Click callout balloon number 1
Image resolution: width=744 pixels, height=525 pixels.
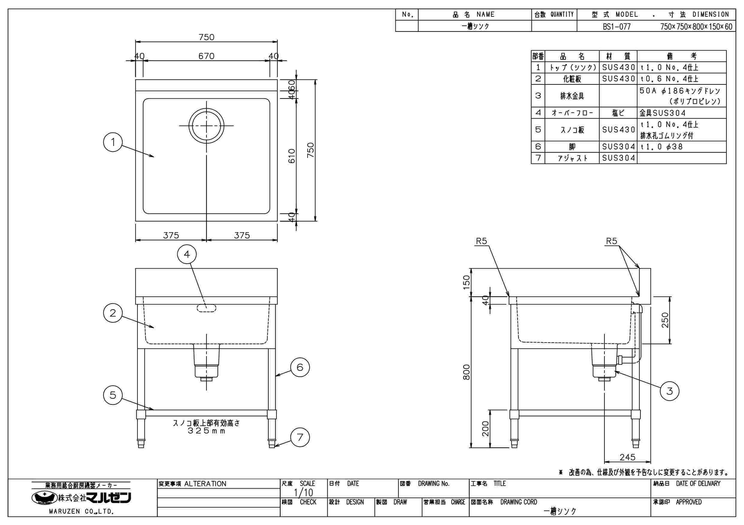(113, 142)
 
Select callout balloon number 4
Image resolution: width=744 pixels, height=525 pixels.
(187, 254)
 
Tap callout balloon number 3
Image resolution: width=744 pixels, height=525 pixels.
(669, 391)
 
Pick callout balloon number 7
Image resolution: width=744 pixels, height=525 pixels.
(300, 437)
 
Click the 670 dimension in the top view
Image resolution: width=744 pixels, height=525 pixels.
(206, 56)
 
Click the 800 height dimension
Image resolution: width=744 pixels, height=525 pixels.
(466, 372)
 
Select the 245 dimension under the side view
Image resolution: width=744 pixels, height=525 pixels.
(627, 457)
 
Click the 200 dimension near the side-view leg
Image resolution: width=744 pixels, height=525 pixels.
(485, 429)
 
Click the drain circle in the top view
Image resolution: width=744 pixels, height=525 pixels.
(206, 126)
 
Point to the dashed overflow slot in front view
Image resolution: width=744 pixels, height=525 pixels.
(206, 308)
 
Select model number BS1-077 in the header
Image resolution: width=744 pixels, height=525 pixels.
(617, 27)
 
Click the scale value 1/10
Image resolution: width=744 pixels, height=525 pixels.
(303, 493)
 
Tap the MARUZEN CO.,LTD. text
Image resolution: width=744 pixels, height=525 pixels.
(81, 512)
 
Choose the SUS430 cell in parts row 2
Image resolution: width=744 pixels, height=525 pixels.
(618, 79)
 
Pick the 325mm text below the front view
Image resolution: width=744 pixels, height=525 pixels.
(206, 431)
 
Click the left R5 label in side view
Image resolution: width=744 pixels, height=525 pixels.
(481, 241)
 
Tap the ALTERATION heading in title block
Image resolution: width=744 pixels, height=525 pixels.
(205, 484)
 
